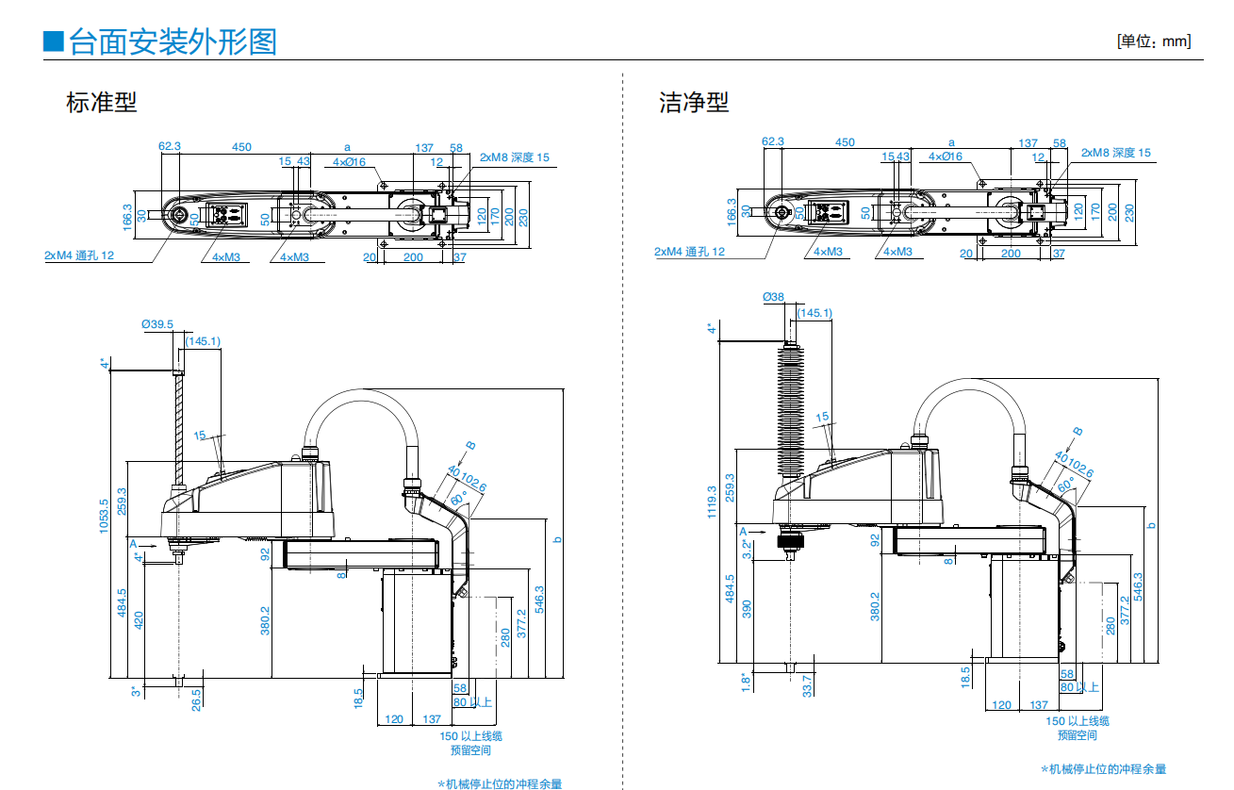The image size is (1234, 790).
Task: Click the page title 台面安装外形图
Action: pyautogui.click(x=173, y=41)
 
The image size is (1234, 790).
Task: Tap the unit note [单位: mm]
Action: pyautogui.click(x=1153, y=41)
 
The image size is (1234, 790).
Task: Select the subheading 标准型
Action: pyautogui.click(x=101, y=102)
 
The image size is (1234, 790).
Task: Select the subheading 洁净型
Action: pyautogui.click(x=694, y=102)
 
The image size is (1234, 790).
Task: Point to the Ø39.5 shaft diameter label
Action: pyautogui.click(x=157, y=324)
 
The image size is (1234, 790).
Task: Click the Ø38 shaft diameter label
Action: pyautogui.click(x=773, y=297)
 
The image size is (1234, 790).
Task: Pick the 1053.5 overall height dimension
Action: pyautogui.click(x=105, y=516)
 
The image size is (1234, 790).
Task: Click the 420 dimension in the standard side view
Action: pyautogui.click(x=139, y=619)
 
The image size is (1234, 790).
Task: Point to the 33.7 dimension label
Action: pyautogui.click(x=806, y=684)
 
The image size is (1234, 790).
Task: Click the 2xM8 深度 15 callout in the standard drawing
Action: pyautogui.click(x=515, y=157)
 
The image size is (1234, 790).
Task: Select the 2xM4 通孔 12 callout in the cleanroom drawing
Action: pyautogui.click(x=690, y=252)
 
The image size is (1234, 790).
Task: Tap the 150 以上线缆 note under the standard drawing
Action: pyautogui.click(x=470, y=736)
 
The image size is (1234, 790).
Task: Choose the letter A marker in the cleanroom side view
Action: pyautogui.click(x=743, y=531)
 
